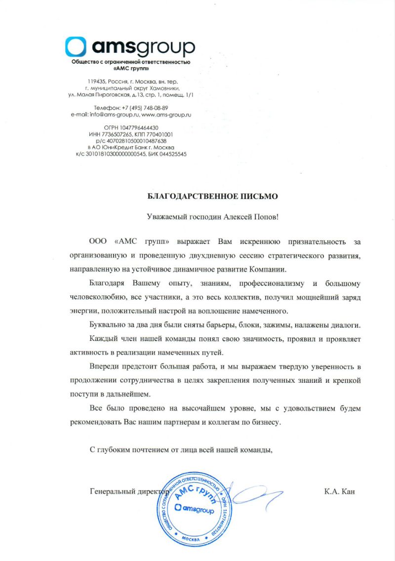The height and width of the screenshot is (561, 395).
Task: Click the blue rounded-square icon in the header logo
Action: [76, 47]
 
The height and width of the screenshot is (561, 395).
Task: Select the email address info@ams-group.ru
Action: [114, 115]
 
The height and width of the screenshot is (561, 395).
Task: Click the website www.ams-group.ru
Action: [166, 115]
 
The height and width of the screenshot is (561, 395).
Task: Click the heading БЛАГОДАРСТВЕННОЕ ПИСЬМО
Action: [213, 196]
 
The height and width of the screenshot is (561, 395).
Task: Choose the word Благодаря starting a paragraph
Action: [107, 284]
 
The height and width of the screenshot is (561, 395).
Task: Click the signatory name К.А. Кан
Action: [340, 491]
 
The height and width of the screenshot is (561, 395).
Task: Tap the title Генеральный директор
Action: [129, 492]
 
